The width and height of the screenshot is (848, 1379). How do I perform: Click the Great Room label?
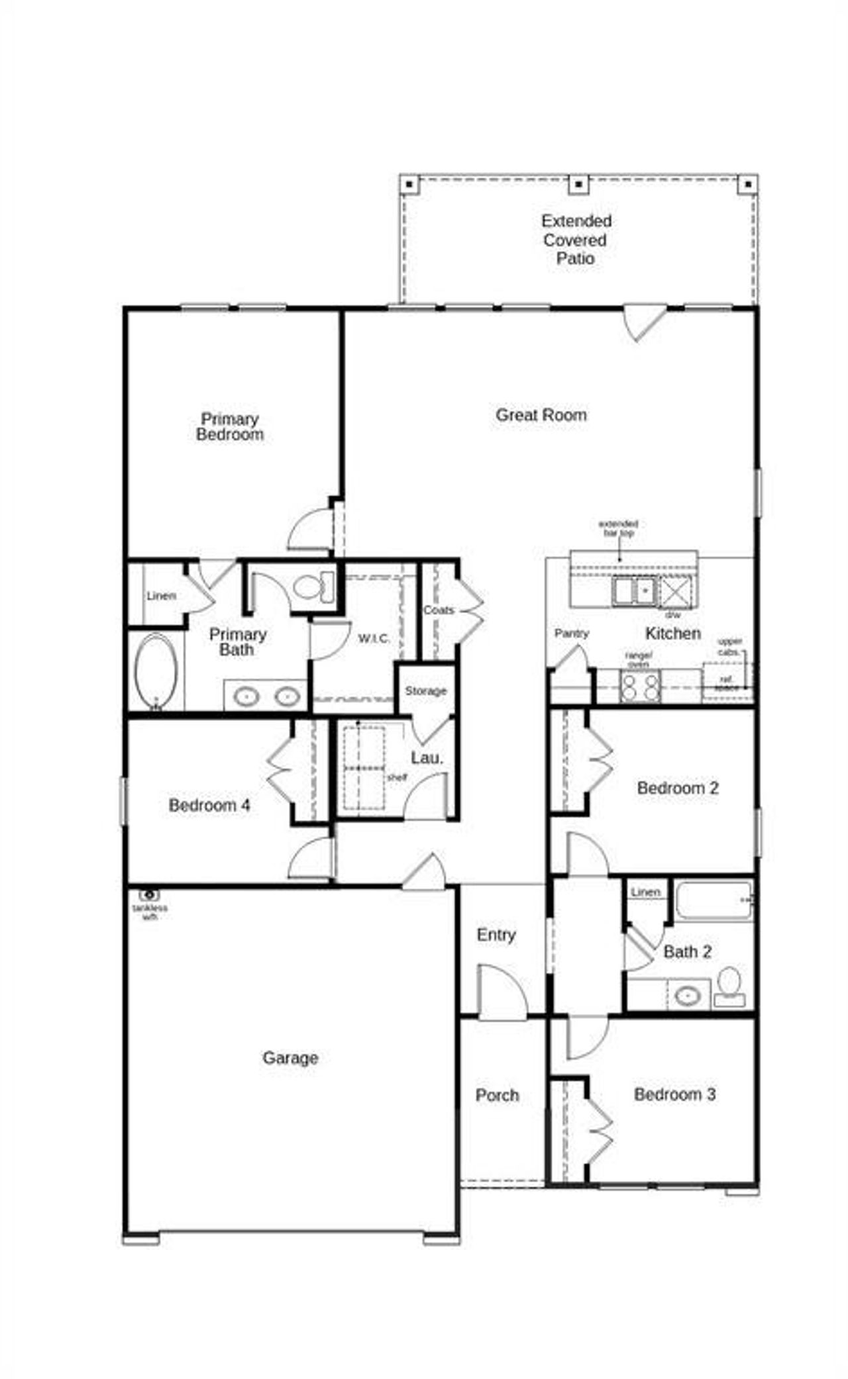pos(541,415)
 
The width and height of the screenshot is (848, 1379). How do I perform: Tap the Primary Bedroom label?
pos(230,427)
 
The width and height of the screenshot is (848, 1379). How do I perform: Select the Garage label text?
pos(290,1058)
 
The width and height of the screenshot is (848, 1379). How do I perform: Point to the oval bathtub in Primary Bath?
pos(156,671)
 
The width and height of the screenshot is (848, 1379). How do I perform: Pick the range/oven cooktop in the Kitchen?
pos(640,687)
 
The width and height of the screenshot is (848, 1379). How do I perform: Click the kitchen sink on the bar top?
pos(633,590)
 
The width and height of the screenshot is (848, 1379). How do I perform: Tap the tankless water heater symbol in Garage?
pos(150,895)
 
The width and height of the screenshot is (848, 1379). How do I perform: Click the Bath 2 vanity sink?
pos(688,995)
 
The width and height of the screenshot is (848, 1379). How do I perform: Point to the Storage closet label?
pos(426,691)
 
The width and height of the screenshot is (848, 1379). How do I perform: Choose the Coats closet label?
pos(439,610)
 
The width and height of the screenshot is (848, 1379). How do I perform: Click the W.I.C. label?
pos(374,639)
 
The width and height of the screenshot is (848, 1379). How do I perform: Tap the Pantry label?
pos(571,634)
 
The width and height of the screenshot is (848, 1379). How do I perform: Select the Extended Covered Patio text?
pos(576,240)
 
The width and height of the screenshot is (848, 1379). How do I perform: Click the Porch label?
pos(497,1096)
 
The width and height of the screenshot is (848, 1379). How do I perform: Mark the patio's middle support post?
pos(578,184)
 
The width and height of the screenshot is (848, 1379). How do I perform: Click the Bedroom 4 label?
pos(209,806)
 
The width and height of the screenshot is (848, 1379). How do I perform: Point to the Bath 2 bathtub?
pos(714,900)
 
